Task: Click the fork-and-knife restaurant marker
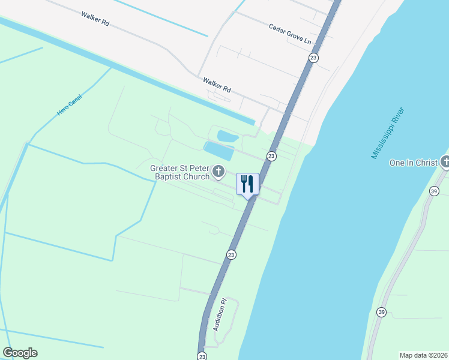pos(247,184)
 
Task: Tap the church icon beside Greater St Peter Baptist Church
pos(219,173)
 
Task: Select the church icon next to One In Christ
pos(445,162)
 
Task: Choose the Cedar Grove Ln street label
pos(291,34)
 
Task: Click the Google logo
pos(20,353)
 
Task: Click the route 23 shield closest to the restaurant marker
pos(271,156)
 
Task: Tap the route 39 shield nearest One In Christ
pos(433,191)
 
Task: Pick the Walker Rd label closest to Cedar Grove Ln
pos(217,84)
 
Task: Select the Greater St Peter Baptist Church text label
pos(180,172)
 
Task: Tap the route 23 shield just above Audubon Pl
pos(231,255)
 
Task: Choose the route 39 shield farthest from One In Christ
pos(381,311)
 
